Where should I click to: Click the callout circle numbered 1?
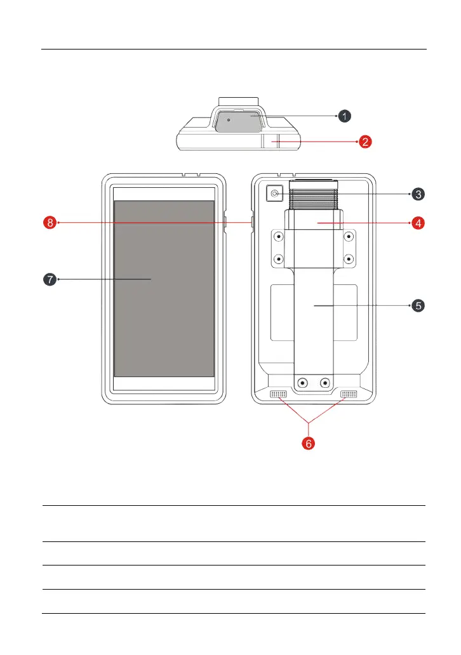(344, 116)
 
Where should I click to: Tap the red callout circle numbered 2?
(365, 142)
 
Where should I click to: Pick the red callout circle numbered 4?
(417, 223)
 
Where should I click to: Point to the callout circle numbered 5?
(417, 305)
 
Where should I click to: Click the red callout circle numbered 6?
(308, 444)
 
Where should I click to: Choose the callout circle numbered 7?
(50, 279)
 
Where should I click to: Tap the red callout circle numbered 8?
(50, 223)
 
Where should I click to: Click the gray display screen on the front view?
(164, 289)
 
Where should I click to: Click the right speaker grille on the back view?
(349, 395)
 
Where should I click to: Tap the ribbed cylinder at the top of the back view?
(313, 195)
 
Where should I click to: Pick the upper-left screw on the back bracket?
(278, 237)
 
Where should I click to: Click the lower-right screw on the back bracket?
(348, 259)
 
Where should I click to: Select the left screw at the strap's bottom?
(303, 383)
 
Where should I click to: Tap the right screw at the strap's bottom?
(325, 383)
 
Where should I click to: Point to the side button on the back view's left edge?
(252, 223)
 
